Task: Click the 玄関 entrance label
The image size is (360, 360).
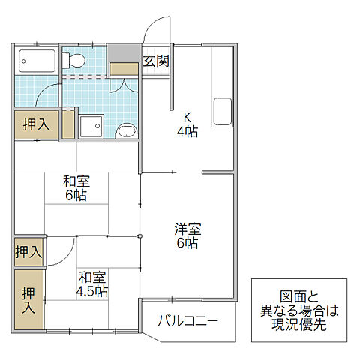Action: [x=155, y=61]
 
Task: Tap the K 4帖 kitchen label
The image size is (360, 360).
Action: [x=186, y=124]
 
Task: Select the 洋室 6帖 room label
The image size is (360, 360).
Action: [x=188, y=235]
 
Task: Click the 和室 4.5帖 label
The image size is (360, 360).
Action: [x=92, y=283]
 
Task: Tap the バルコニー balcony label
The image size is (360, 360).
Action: [x=187, y=322]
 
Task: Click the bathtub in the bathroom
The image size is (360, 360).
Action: [x=37, y=61]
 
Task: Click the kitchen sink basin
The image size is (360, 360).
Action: [x=224, y=112]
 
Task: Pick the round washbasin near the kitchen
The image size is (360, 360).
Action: [x=127, y=132]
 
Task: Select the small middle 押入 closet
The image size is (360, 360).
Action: [x=28, y=251]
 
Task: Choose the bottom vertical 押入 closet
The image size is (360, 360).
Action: [x=28, y=300]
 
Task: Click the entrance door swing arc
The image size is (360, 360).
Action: [x=153, y=28]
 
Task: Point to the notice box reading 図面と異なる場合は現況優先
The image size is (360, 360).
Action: [x=298, y=310]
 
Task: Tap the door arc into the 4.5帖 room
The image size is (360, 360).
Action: [x=60, y=251]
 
